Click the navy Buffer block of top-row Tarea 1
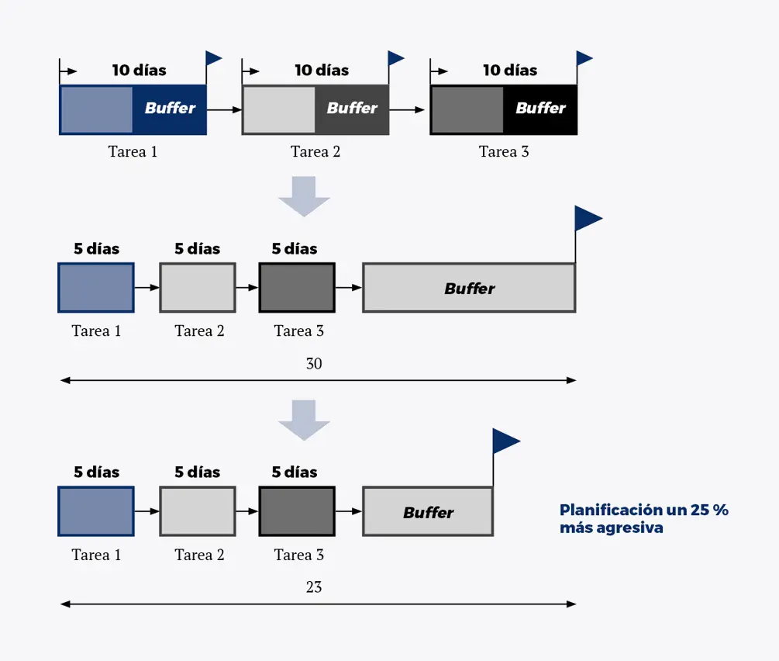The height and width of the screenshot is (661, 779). pos(170,109)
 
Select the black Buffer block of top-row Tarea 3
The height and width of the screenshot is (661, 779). pos(540,109)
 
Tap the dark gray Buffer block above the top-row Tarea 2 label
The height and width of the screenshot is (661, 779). pos(352,109)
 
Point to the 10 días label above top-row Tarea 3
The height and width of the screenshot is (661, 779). pos(510,71)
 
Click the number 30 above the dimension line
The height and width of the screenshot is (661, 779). pos(314,364)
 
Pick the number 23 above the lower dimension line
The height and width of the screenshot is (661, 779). pos(314,587)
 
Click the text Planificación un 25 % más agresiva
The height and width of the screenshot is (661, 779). pos(643,519)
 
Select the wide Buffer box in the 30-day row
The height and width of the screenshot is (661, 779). pos(469,289)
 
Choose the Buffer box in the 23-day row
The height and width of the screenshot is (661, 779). pos(428,512)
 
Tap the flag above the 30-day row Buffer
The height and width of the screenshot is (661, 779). pos(587,219)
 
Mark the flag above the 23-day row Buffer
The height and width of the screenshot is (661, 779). pos(505,441)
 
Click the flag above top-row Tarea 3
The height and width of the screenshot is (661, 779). pos(584,58)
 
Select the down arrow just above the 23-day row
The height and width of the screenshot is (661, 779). pos(304,420)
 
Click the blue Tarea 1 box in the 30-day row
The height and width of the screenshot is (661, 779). pos(96,288)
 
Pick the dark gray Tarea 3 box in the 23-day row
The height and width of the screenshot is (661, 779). pos(297,511)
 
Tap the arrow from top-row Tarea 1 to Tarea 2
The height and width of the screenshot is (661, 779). pos(224,110)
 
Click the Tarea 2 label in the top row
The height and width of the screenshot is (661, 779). pos(315,152)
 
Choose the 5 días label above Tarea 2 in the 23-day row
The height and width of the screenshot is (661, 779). pos(197,472)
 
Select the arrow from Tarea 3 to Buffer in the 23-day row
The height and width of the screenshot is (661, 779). pos(349,511)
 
